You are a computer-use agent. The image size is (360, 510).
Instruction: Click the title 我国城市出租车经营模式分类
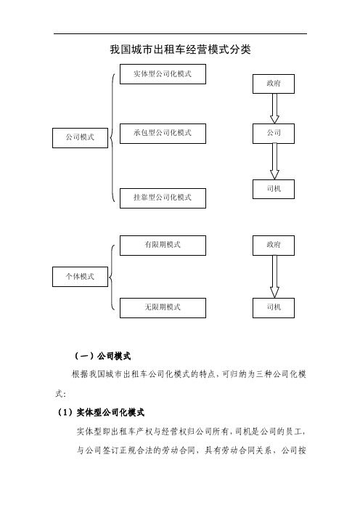(180, 49)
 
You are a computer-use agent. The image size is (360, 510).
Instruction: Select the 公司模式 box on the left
(81, 138)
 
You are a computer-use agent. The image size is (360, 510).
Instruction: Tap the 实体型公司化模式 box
(163, 74)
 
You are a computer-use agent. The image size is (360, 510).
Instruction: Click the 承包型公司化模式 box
(163, 134)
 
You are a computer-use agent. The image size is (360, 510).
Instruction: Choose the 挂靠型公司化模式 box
(163, 198)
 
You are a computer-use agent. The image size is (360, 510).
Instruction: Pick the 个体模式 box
(81, 277)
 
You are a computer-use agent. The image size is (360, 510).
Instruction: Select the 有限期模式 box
(163, 246)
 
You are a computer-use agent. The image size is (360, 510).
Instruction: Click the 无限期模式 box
(163, 308)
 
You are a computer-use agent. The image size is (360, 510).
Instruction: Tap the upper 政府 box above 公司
(274, 84)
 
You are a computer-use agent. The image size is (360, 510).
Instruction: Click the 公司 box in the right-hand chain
(274, 134)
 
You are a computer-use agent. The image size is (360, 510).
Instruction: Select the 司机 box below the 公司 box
(274, 190)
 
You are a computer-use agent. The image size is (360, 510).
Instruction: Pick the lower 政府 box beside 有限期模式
(274, 246)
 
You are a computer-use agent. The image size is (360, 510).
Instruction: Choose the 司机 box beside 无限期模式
(274, 308)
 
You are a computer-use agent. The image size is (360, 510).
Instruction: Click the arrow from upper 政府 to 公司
(274, 109)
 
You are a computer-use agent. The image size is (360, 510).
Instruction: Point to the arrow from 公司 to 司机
(274, 162)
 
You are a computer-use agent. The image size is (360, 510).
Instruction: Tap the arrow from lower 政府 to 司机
(274, 277)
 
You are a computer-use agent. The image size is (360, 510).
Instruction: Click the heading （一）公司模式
(102, 356)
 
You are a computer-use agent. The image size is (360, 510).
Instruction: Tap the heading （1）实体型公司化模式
(101, 413)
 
